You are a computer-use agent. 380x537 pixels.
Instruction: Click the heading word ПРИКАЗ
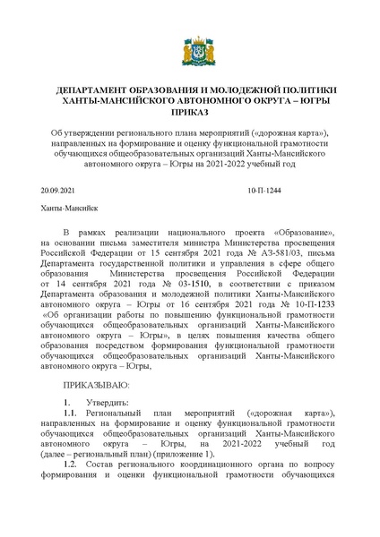189,114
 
